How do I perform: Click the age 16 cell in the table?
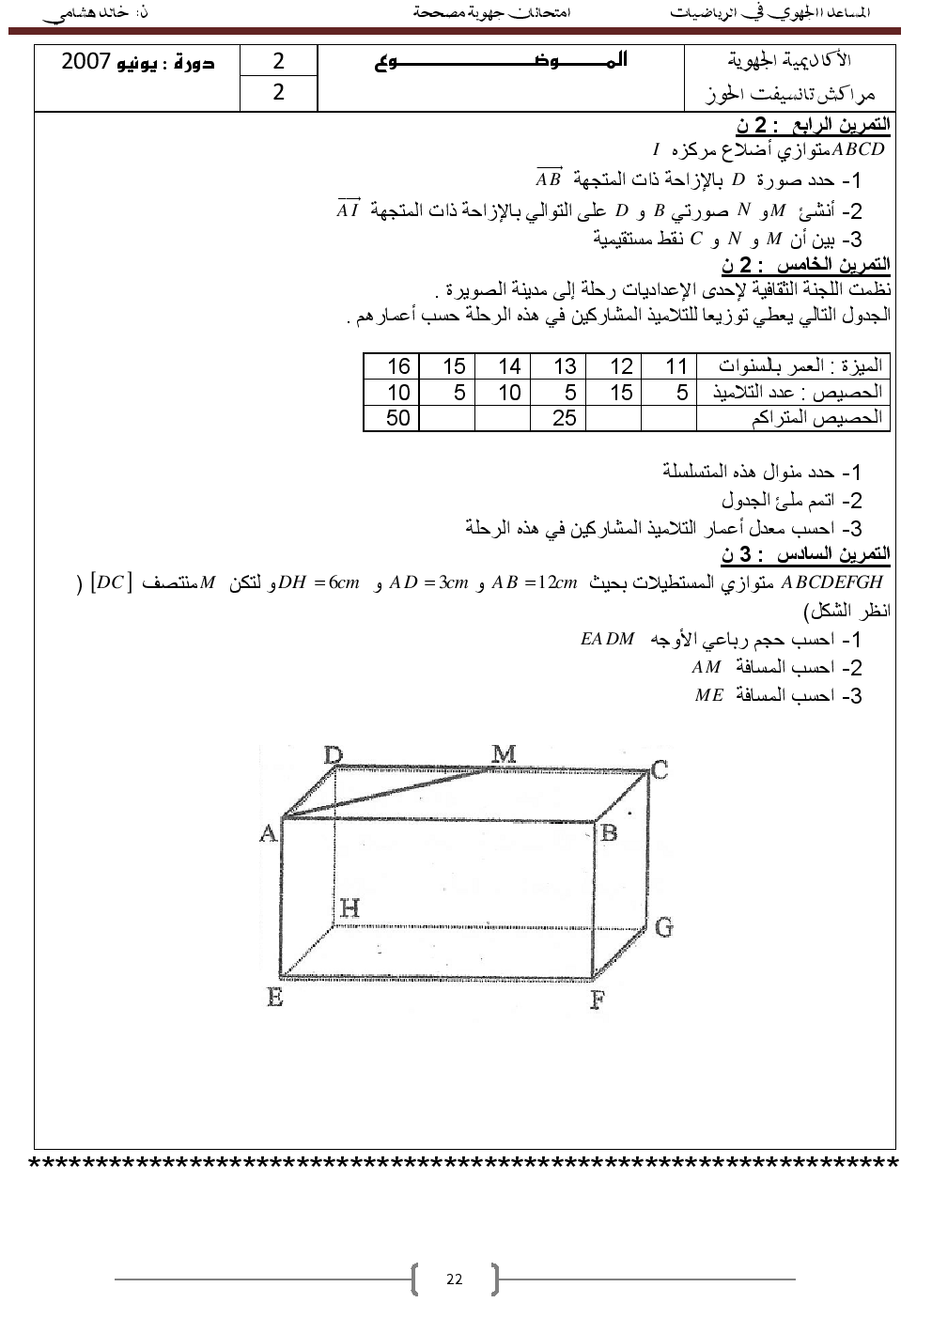click(398, 366)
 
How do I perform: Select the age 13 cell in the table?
click(565, 366)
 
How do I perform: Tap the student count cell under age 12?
click(620, 393)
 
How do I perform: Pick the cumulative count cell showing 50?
click(398, 418)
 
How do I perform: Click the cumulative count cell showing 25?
click(565, 418)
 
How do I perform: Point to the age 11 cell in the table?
click(676, 366)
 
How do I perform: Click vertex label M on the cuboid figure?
click(504, 754)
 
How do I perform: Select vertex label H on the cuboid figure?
click(349, 908)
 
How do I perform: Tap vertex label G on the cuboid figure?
click(663, 928)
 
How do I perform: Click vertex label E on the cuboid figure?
click(274, 998)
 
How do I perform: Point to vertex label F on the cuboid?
click(597, 1000)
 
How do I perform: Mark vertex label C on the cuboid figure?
click(660, 770)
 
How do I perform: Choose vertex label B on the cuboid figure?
click(609, 832)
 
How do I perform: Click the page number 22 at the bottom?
click(455, 1279)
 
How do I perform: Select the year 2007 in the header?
click(86, 62)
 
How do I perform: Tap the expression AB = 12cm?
click(535, 582)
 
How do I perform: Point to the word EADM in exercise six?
click(608, 640)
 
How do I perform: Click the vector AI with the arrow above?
click(349, 209)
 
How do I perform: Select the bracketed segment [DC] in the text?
click(111, 582)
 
